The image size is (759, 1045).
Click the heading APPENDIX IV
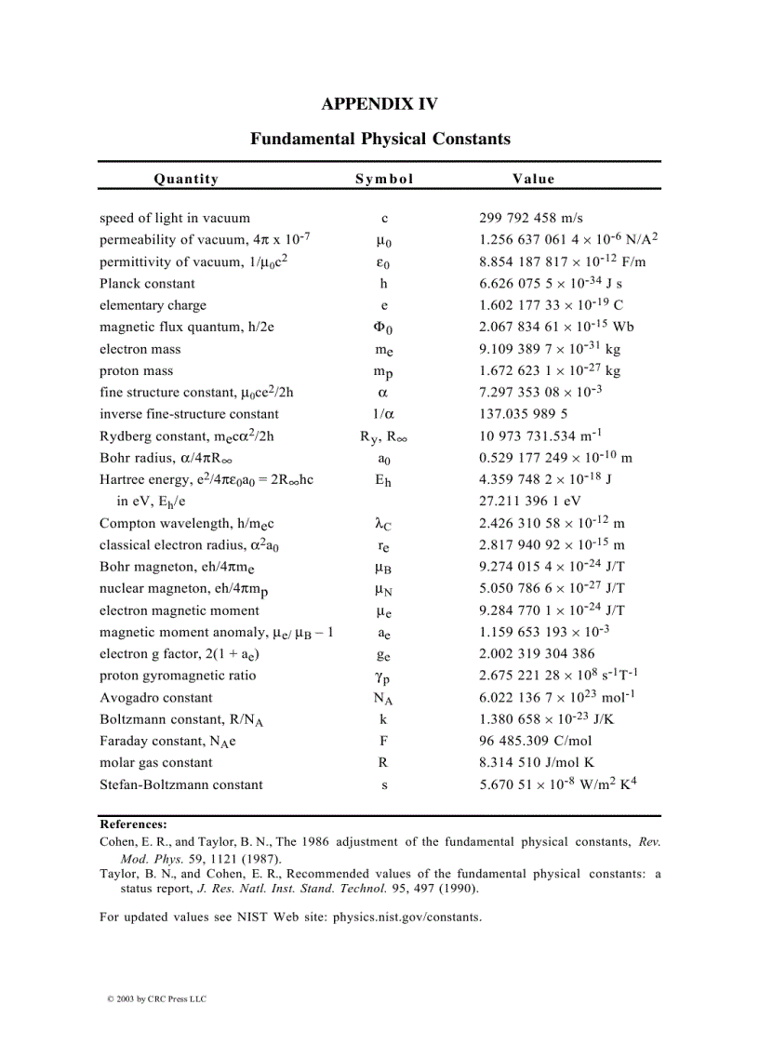tap(379, 103)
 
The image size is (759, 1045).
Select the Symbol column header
tap(384, 179)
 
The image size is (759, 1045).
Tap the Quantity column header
tap(186, 179)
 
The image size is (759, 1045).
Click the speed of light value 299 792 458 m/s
tap(531, 218)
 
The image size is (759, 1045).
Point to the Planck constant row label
tap(147, 283)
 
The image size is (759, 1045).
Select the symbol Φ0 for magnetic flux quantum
tap(383, 328)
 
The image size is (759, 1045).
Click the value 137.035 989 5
tap(524, 414)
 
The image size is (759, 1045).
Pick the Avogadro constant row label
tap(155, 698)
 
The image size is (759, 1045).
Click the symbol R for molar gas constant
tap(383, 763)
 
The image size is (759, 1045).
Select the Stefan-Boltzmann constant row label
tap(180, 784)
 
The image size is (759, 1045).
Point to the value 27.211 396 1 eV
tap(528, 502)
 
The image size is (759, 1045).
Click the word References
tap(133, 824)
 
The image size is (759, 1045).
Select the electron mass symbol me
tap(383, 350)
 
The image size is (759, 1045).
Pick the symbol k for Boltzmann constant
tap(383, 719)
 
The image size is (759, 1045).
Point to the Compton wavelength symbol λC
tap(383, 524)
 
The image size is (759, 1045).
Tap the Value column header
tap(533, 179)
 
